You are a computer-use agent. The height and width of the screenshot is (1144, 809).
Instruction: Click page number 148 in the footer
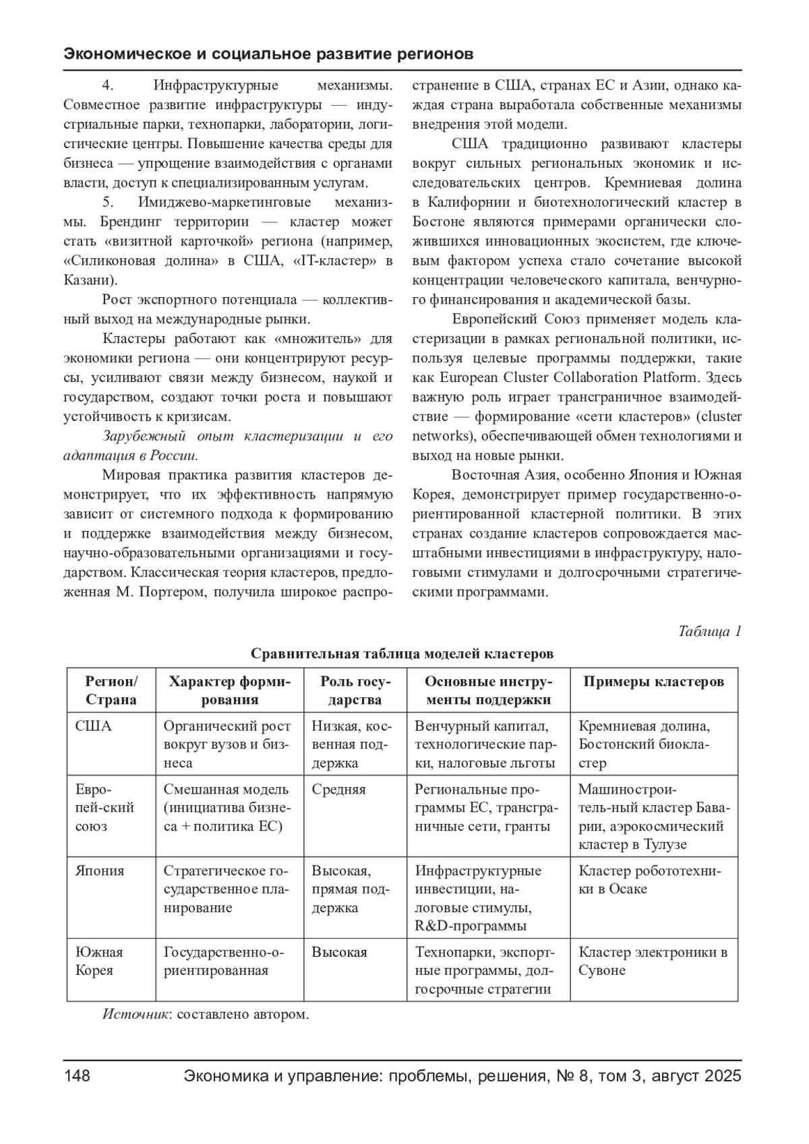77,1076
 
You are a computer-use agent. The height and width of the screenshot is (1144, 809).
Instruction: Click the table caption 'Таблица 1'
709,631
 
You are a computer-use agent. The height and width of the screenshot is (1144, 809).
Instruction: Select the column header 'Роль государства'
355,690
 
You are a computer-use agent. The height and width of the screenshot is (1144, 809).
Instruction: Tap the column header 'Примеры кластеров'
653,681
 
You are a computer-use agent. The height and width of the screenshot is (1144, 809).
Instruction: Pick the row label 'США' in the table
94,726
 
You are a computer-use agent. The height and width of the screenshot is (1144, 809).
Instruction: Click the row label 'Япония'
100,870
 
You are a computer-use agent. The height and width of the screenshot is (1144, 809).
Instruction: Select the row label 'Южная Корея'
99,961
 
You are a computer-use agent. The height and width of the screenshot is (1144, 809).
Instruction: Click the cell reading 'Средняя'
338,790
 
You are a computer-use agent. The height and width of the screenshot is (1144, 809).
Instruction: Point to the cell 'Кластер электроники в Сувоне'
653,961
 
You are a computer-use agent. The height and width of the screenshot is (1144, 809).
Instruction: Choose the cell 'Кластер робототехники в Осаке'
649,879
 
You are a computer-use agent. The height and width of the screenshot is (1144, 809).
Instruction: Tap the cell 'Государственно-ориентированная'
224,961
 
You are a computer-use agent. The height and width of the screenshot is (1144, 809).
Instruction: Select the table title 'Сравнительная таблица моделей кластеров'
402,654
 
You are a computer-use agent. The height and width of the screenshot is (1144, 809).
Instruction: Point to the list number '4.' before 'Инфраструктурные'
107,86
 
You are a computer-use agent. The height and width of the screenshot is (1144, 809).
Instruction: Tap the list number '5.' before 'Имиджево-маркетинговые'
107,202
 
